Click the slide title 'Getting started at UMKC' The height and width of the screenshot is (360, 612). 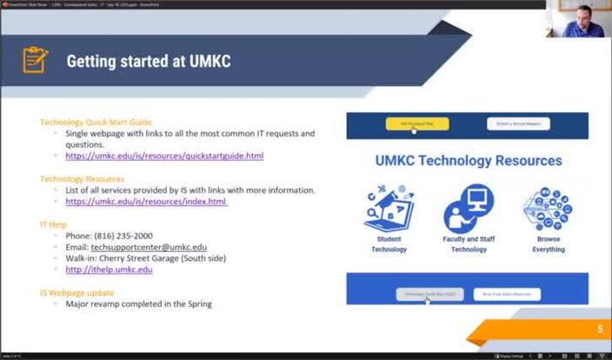(x=148, y=62)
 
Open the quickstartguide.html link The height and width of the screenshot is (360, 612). (x=164, y=156)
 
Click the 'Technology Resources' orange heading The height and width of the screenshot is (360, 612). (x=82, y=178)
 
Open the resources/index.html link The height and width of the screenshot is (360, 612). (x=146, y=201)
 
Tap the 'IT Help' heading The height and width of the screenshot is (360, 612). (x=53, y=223)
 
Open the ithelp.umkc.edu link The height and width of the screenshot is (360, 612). (x=109, y=270)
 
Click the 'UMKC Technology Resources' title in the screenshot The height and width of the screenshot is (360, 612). (x=468, y=161)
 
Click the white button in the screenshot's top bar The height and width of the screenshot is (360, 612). (x=518, y=124)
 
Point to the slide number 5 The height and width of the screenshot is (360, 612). (x=599, y=330)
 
